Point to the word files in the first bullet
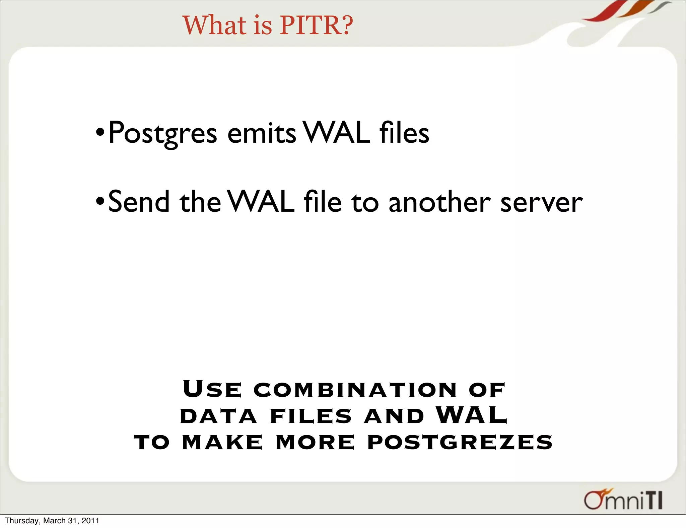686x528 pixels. click(x=404, y=133)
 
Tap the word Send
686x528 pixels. click(x=139, y=202)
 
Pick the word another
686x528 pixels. click(x=439, y=202)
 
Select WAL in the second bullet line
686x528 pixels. click(x=261, y=202)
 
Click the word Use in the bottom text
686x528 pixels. click(x=212, y=389)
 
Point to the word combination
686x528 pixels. click(x=355, y=390)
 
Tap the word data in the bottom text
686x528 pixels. click(x=218, y=416)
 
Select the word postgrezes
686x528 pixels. click(x=460, y=442)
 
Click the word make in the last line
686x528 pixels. click(x=222, y=442)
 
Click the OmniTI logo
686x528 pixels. click(x=623, y=499)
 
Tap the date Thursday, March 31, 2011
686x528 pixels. click(x=52, y=521)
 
